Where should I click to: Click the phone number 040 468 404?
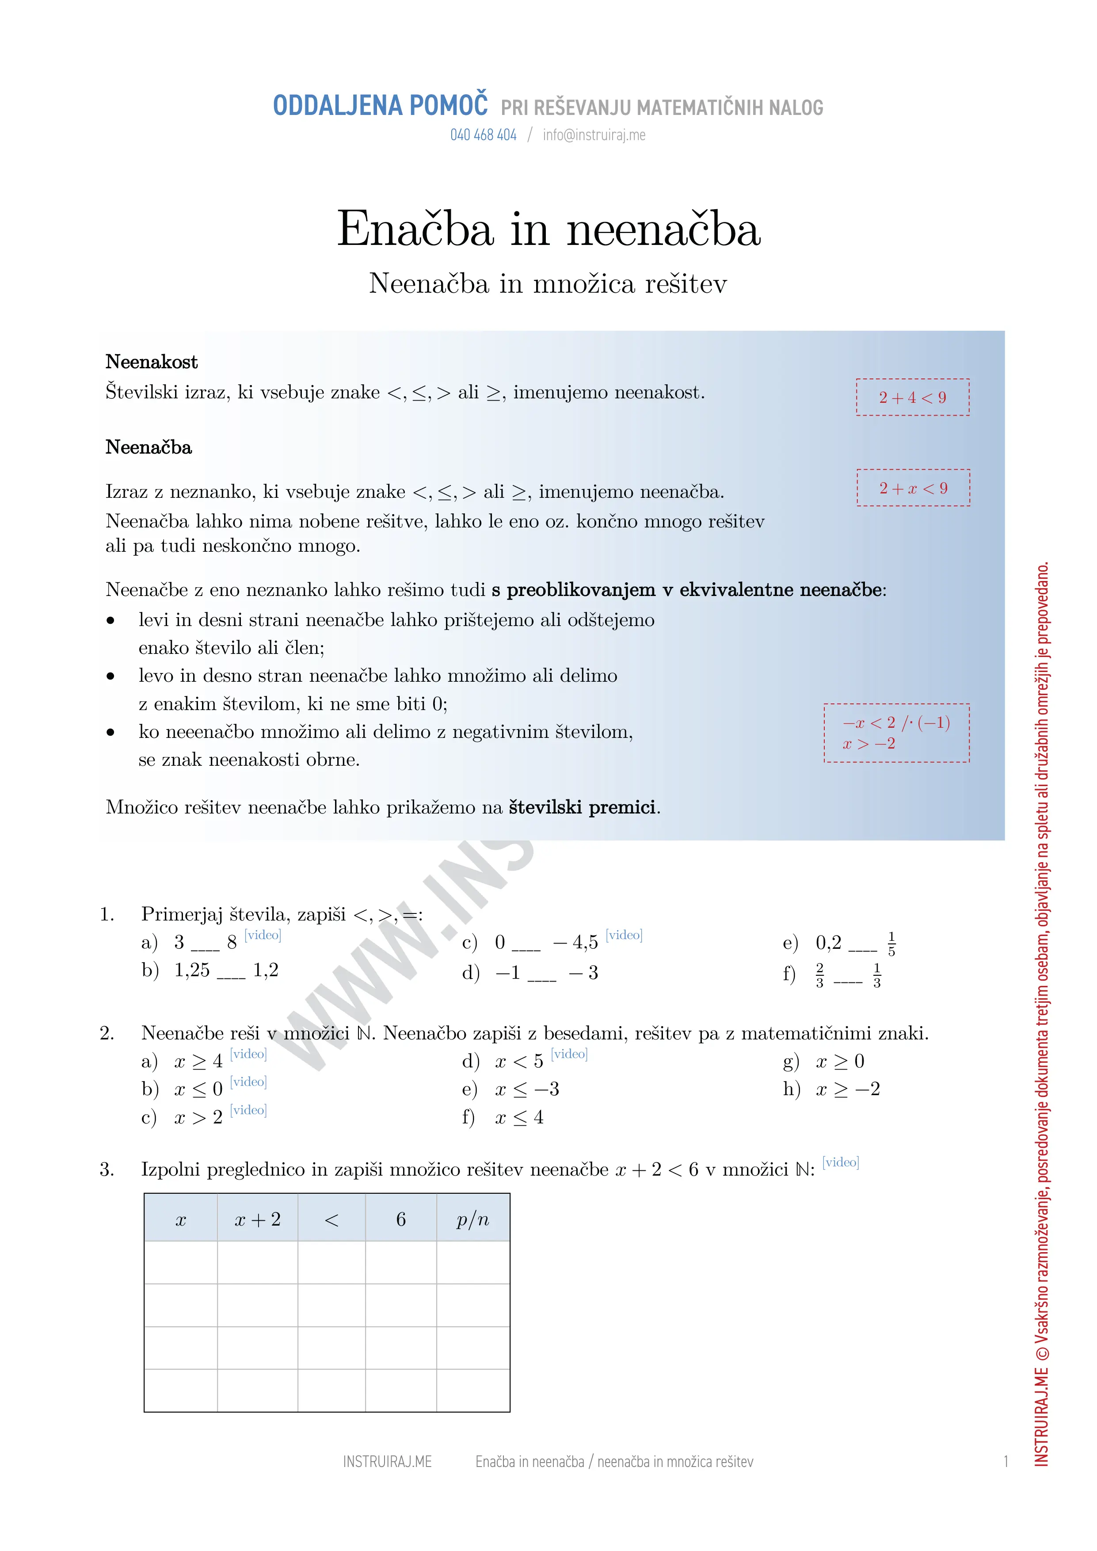483,135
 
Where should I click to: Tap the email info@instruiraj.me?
594,135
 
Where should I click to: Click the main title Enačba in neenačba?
548,229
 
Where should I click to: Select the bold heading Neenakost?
151,362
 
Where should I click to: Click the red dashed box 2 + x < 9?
913,488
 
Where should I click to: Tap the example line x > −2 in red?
868,744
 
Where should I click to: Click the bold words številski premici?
582,807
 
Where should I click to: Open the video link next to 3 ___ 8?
263,935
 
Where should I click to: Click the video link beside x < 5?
569,1054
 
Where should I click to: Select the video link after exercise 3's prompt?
840,1162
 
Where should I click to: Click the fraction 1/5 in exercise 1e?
891,944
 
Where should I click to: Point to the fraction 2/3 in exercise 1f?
819,975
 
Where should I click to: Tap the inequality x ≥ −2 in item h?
848,1089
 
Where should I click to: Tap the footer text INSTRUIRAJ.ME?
387,1462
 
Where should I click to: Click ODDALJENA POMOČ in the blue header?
380,106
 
